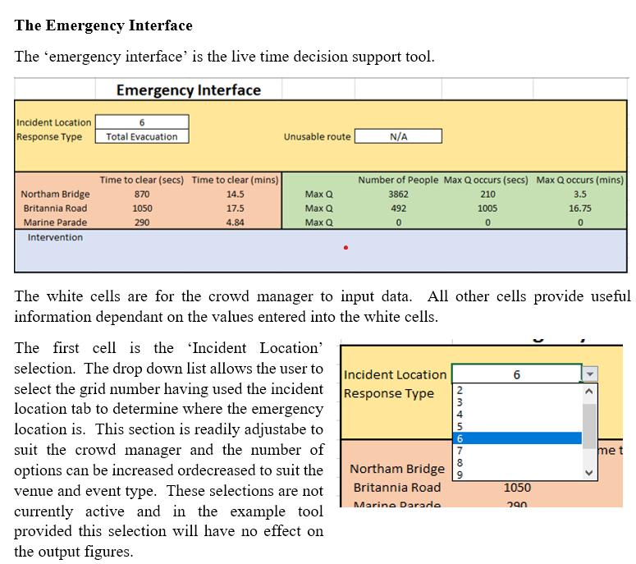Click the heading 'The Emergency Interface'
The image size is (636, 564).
pos(103,25)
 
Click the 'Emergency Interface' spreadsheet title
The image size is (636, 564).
pos(189,90)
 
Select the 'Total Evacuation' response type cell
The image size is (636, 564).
pos(142,137)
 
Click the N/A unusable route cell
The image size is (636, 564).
pos(398,137)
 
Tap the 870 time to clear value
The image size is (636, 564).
pos(142,195)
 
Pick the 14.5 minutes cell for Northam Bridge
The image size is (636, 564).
pos(235,195)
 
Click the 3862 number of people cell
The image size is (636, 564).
pos(398,195)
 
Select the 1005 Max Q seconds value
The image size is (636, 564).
pos(487,209)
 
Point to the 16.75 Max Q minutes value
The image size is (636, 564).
pos(579,209)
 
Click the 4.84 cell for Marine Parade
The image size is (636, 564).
pos(235,222)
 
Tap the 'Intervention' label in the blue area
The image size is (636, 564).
pos(55,237)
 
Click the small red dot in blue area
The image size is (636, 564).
pos(346,247)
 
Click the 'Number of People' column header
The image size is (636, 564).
pos(398,180)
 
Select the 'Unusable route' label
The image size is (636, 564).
pos(317,137)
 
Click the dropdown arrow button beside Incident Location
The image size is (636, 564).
pos(590,374)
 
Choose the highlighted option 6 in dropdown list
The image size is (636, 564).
pos(516,438)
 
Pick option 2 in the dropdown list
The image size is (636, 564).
pos(460,390)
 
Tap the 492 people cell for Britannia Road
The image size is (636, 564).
pos(398,209)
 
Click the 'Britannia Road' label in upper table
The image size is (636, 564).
pos(55,209)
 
